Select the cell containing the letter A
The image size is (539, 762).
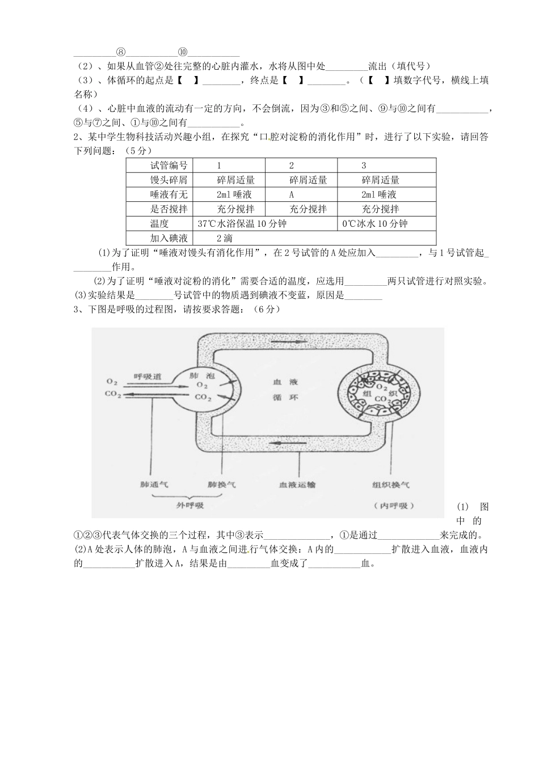(292, 194)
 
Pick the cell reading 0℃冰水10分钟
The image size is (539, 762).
(375, 223)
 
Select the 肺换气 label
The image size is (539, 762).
(222, 485)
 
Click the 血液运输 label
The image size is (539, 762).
(297, 485)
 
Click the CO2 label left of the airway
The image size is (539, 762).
(113, 394)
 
